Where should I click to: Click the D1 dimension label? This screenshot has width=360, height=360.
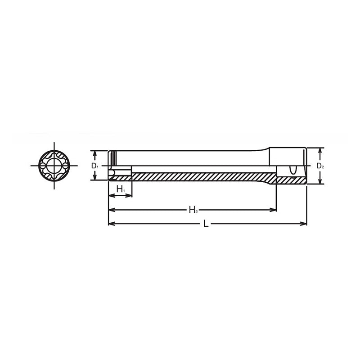[94, 166]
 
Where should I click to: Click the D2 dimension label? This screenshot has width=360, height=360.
[320, 166]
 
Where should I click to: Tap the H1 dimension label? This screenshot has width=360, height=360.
[121, 189]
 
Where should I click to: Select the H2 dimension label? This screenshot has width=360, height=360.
[193, 209]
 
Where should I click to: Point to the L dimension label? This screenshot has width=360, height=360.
[206, 224]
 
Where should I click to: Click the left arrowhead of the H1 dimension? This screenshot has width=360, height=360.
[111, 195]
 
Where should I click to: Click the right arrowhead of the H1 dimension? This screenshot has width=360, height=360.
[129, 195]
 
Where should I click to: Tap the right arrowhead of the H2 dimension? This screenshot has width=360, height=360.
[273, 210]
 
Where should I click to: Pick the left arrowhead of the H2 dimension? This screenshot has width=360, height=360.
[111, 210]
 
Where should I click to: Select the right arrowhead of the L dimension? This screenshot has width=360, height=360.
[303, 224]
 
